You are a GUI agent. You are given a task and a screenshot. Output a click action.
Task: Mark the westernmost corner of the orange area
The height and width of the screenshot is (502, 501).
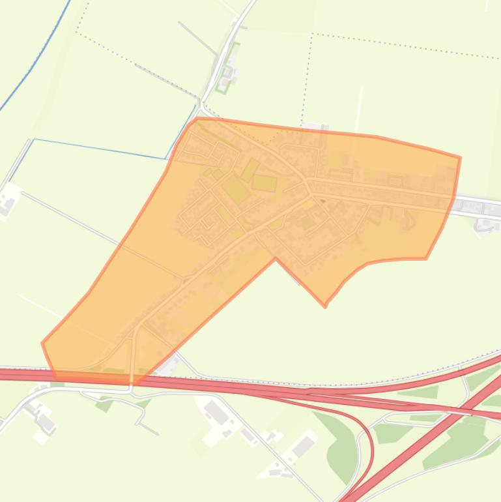(x=42, y=342)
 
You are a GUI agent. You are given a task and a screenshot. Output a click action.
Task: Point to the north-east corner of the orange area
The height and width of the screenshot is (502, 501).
(x=460, y=157)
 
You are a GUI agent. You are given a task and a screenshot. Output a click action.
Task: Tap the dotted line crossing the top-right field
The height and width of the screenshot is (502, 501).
(x=404, y=46)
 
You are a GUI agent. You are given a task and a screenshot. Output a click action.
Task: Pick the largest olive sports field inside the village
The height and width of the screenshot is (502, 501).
(x=235, y=190)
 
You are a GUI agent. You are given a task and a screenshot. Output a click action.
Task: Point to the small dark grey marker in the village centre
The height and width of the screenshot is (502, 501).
(x=322, y=201)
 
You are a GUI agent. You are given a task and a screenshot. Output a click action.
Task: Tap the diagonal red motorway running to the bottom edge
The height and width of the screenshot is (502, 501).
(x=417, y=443)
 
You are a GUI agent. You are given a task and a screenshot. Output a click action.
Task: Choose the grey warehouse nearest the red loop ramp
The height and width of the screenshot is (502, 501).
(x=304, y=446)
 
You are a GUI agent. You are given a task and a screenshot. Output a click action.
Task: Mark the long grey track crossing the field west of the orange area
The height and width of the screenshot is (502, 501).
(x=98, y=222)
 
